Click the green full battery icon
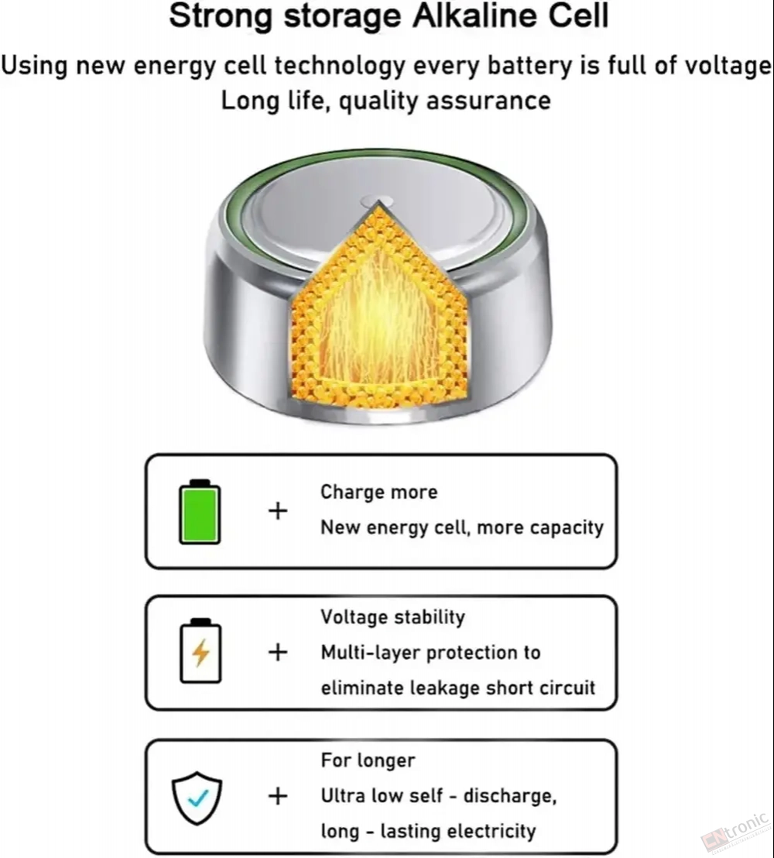click(200, 512)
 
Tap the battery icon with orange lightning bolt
click(200, 650)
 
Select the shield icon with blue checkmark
click(197, 798)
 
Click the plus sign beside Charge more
click(278, 511)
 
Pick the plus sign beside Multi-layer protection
click(278, 652)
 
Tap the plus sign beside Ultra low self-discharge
click(278, 796)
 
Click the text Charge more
click(378, 492)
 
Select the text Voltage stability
click(392, 617)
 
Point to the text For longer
click(368, 760)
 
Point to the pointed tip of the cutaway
click(378, 201)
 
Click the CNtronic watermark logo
click(736, 831)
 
